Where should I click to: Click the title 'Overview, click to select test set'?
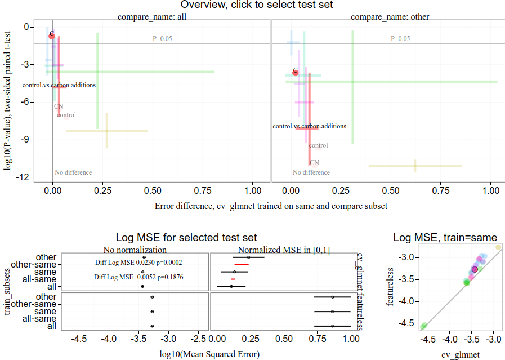pos(253,5)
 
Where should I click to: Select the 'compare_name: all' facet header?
pos(151,17)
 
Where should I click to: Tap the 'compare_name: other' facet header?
pos(390,17)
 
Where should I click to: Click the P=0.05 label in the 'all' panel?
pos(163,39)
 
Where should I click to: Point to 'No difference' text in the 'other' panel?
pos(311,172)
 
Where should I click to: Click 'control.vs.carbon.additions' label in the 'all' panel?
pos(59,85)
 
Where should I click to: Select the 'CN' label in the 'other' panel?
pos(314,163)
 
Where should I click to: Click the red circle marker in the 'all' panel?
pos(52,35)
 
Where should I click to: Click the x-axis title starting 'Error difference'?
pos(271,206)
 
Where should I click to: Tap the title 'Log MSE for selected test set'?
pos(186,238)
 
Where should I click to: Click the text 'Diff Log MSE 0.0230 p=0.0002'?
pos(138,263)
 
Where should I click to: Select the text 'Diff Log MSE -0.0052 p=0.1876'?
pos(138,277)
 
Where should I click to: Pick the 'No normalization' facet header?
pos(135,250)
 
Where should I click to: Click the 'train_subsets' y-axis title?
pos(8,292)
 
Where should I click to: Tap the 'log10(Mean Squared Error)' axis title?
pos(210,354)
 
